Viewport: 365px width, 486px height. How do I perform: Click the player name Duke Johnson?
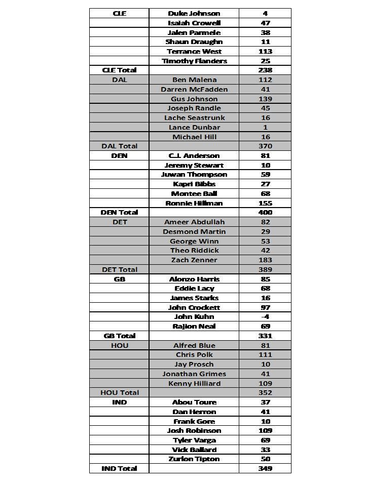pyautogui.click(x=194, y=13)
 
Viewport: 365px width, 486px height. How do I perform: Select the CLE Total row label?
pyautogui.click(x=119, y=70)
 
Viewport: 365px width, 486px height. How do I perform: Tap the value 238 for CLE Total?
pyautogui.click(x=265, y=70)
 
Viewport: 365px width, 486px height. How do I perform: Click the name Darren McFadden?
pyautogui.click(x=194, y=89)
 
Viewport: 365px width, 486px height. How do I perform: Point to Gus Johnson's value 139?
pyautogui.click(x=265, y=99)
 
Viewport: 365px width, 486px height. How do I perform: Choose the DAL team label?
pyautogui.click(x=119, y=79)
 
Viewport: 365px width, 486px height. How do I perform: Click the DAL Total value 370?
pyautogui.click(x=265, y=146)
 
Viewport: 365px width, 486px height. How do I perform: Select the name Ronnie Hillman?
pyautogui.click(x=194, y=203)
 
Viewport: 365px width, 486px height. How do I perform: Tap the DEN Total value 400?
pyautogui.click(x=265, y=213)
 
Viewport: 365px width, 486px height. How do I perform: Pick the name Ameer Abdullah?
pyautogui.click(x=194, y=222)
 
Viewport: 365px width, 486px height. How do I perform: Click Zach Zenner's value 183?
pyautogui.click(x=265, y=260)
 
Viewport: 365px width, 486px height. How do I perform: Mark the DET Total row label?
pyautogui.click(x=119, y=269)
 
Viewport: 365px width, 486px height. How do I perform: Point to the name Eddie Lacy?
pyautogui.click(x=194, y=289)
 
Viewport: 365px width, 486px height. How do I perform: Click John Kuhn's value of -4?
pyautogui.click(x=265, y=317)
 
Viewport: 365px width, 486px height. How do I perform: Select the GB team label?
pyautogui.click(x=119, y=279)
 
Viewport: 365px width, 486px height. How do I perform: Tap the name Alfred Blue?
pyautogui.click(x=194, y=345)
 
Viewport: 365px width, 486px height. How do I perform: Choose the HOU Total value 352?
pyautogui.click(x=265, y=392)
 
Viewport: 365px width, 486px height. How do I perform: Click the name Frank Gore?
pyautogui.click(x=194, y=421)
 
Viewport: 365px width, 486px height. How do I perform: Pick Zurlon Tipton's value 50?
pyautogui.click(x=265, y=459)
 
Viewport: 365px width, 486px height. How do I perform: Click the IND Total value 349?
pyautogui.click(x=265, y=468)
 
